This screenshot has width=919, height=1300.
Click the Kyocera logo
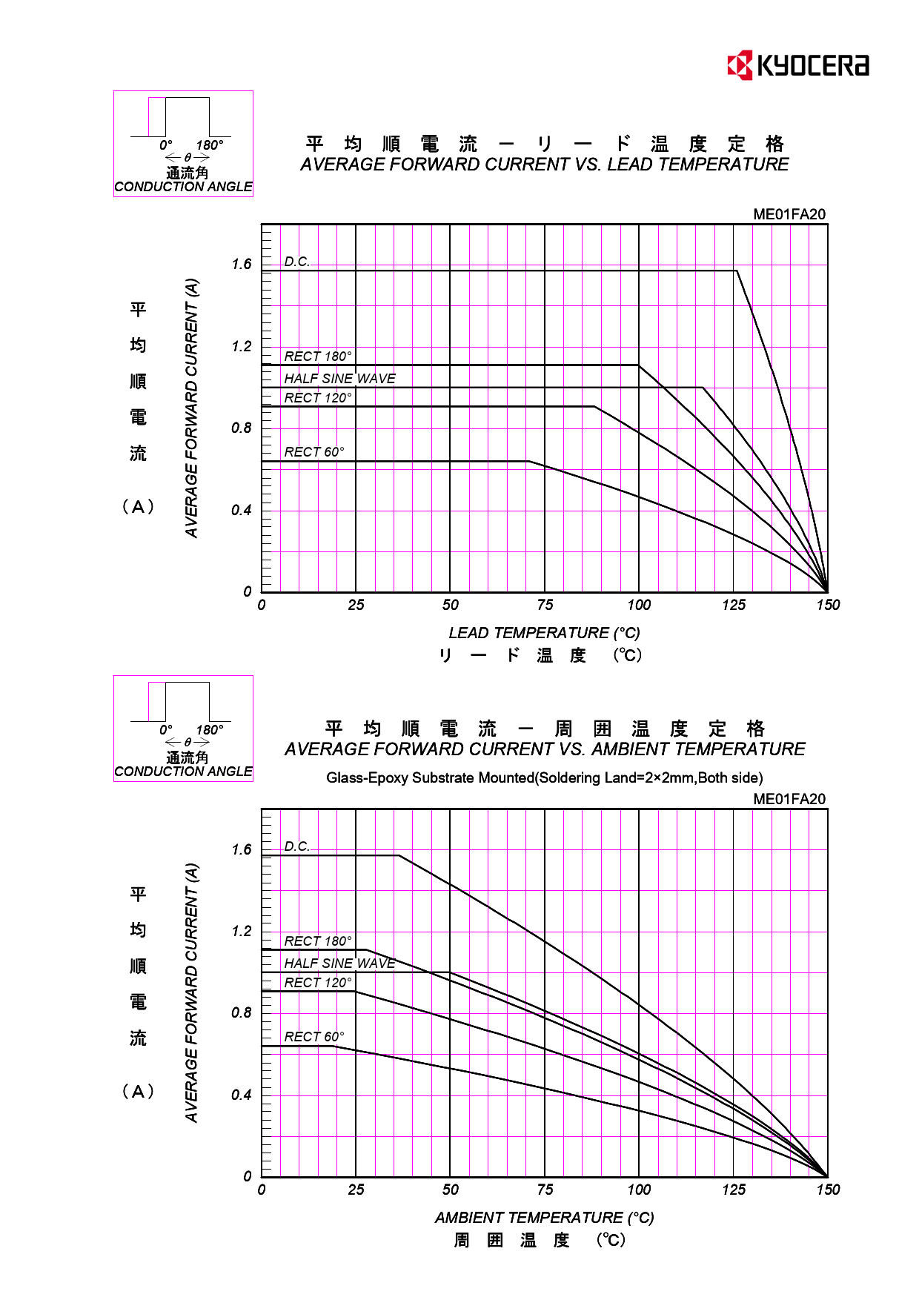pos(797,65)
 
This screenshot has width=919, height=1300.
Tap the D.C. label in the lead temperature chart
pos(296,262)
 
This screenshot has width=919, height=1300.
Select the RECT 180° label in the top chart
pos(318,356)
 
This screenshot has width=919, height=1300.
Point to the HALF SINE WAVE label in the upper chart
pos(339,379)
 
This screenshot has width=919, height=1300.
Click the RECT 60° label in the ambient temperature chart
pos(314,1037)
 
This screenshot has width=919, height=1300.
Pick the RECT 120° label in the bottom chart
pos(318,983)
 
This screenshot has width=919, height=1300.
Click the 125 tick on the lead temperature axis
pos(734,606)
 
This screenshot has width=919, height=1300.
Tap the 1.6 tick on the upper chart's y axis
pos(242,265)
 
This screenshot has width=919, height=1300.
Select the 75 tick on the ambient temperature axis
pos(545,1190)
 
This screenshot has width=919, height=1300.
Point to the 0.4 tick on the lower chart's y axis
pos(242,1095)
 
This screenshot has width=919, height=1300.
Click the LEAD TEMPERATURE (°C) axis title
pos(544,633)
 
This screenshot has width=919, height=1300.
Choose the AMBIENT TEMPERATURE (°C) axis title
pos(544,1218)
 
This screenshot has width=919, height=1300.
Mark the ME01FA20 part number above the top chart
pos(789,215)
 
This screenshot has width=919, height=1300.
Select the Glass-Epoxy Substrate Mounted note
pos(544,778)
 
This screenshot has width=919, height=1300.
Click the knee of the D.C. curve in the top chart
pos(737,271)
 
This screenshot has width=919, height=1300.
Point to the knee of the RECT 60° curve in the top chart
pos(528,462)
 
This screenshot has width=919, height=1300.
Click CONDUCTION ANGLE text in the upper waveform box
pos(183,187)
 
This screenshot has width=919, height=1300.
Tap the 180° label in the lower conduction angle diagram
pos(210,730)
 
